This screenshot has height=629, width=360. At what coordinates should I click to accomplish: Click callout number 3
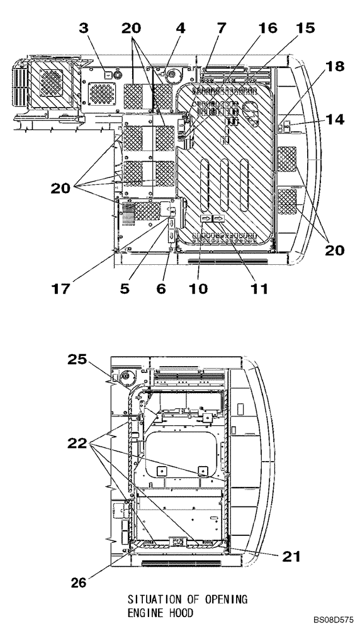tap(84, 28)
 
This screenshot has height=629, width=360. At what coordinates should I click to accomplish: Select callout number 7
tap(222, 28)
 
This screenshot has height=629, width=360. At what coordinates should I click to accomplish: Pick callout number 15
tap(305, 28)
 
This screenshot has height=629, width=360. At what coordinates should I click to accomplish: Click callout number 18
tap(335, 66)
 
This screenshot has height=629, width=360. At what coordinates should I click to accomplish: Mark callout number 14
tap(335, 119)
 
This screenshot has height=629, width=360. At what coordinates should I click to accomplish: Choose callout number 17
tap(62, 289)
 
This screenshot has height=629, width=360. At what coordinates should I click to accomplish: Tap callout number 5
tap(125, 289)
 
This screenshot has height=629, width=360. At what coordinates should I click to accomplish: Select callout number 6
tap(161, 289)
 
